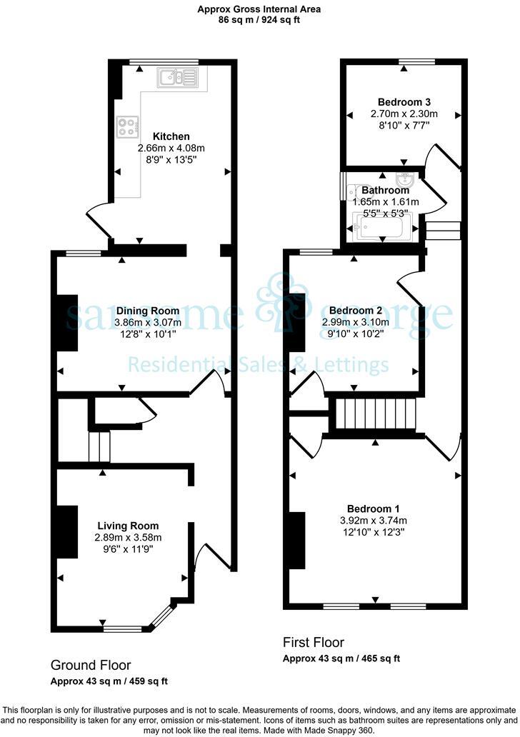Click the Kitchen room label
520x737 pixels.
(x=171, y=136)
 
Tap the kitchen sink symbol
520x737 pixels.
(x=174, y=77)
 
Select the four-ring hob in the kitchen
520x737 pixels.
(x=127, y=126)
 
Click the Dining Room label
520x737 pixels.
(x=148, y=311)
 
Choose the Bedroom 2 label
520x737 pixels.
(x=356, y=311)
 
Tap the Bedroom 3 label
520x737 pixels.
(x=404, y=102)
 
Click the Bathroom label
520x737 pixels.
(x=385, y=191)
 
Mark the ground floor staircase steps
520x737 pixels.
(x=100, y=446)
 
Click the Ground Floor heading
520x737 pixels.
(x=91, y=665)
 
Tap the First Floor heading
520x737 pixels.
(x=314, y=642)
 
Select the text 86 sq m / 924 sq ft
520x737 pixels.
(x=259, y=20)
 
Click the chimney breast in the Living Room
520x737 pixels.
(x=68, y=532)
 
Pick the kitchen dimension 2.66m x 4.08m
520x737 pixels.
(x=171, y=149)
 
